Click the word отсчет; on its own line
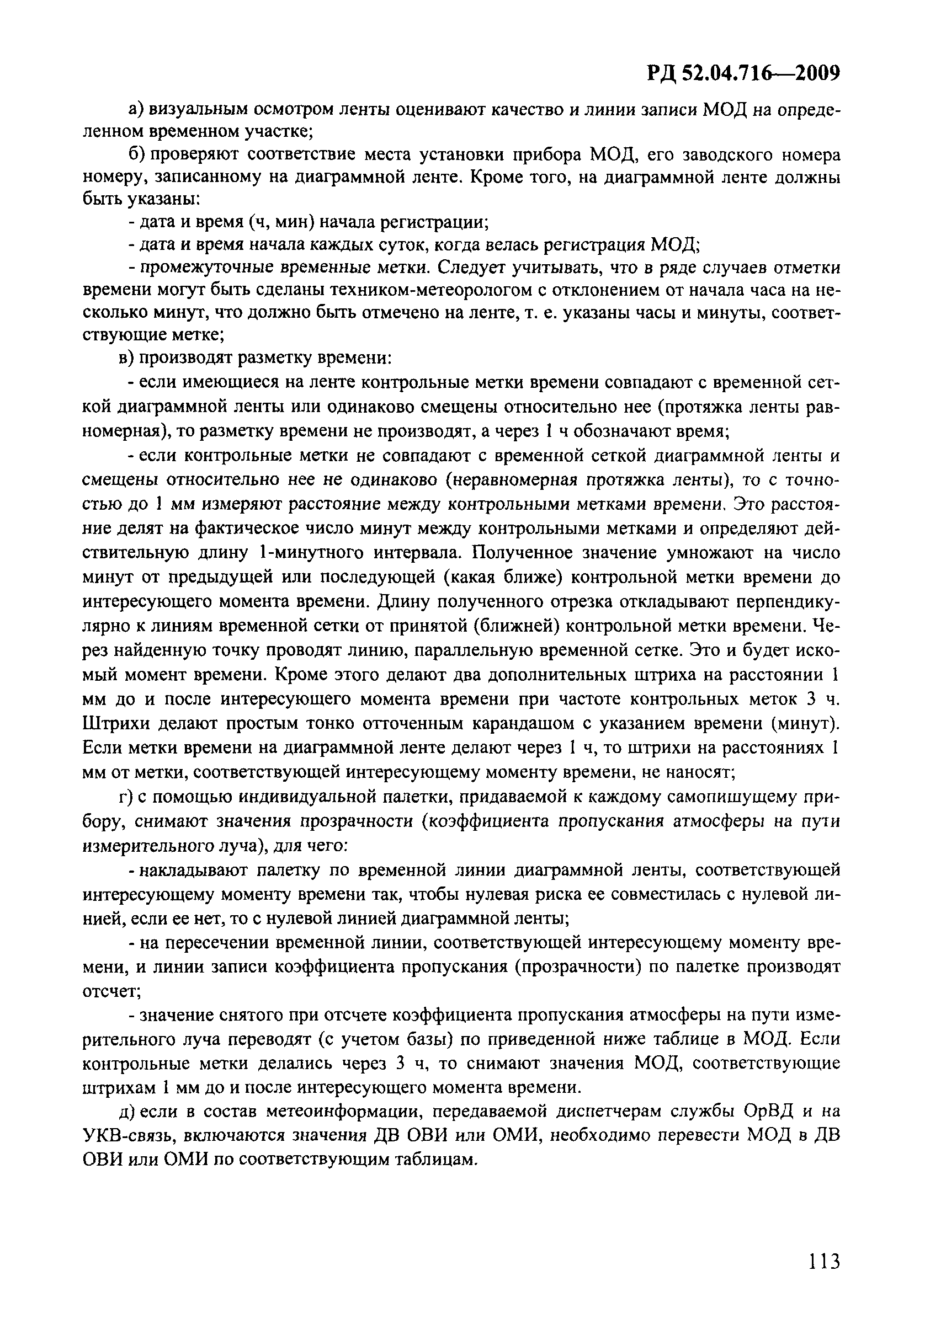[112, 991]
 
